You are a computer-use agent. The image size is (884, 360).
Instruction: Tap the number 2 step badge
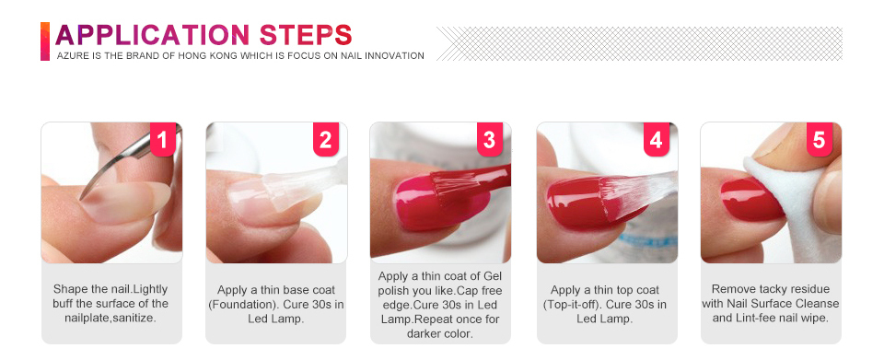[326, 139]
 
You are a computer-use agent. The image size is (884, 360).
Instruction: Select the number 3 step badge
[490, 139]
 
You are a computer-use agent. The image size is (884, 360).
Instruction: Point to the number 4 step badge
[657, 139]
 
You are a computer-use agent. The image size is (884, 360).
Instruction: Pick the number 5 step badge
[820, 139]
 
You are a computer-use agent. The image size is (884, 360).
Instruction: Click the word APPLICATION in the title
[152, 35]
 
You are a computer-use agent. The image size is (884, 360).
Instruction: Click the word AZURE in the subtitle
[70, 56]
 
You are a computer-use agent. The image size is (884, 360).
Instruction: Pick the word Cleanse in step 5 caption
[820, 304]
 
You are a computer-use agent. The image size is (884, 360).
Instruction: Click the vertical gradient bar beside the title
[45, 41]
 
